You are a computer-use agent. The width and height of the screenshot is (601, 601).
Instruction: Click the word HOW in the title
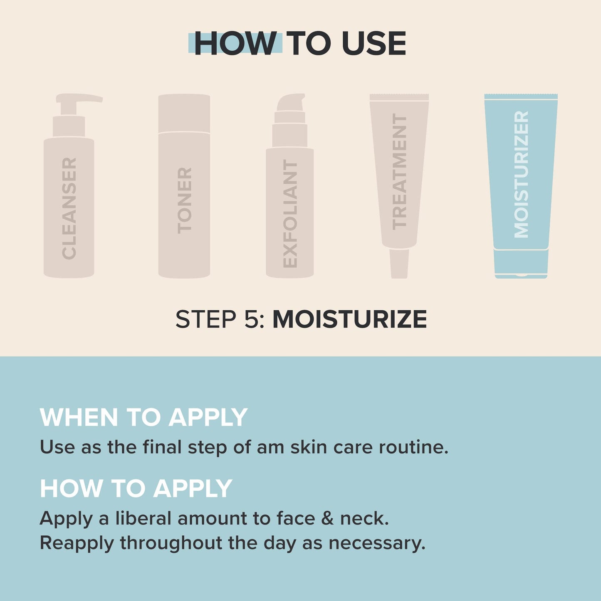235,43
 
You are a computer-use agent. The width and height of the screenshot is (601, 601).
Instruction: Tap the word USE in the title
373,43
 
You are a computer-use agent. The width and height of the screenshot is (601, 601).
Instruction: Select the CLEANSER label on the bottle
69,208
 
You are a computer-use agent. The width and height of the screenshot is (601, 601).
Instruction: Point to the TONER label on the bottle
184,200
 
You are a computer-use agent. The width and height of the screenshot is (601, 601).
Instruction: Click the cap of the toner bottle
184,113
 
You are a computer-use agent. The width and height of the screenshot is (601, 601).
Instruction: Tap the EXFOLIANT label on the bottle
290,214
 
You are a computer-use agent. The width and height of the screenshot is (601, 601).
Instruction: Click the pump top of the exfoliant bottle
291,103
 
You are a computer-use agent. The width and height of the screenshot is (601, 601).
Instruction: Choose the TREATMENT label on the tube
399,171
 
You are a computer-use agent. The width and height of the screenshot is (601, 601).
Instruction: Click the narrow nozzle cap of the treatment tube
399,263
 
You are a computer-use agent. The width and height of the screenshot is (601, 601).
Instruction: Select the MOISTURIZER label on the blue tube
521,174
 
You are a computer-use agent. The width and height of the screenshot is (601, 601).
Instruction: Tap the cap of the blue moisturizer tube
521,263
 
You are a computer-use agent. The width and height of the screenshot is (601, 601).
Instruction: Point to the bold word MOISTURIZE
349,319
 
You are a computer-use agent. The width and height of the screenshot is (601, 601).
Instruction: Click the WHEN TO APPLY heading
143,417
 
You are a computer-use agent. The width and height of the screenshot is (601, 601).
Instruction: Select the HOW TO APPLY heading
136,488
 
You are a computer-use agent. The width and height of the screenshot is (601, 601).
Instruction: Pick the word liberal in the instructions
143,518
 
